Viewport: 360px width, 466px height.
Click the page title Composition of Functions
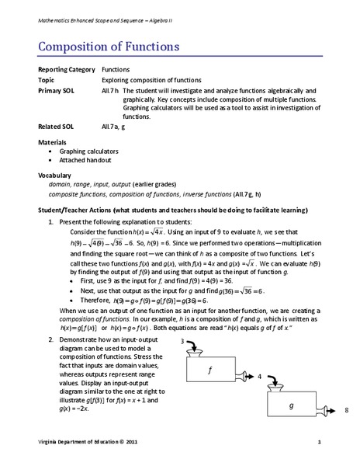tap(109, 46)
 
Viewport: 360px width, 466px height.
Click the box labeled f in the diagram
tap(210, 371)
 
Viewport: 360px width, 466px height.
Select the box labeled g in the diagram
tap(291, 406)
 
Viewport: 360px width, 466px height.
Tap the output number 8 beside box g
tap(345, 409)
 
